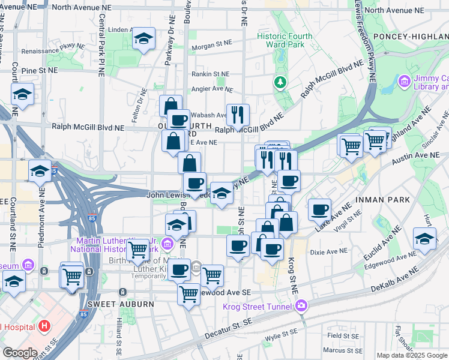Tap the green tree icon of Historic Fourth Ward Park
[279, 81]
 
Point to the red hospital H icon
[43, 326]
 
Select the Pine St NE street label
[39, 70]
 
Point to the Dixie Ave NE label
[328, 251]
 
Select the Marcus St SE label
[340, 350]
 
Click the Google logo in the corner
[19, 353]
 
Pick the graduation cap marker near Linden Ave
[143, 40]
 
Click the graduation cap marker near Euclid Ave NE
[424, 239]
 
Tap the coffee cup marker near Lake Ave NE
[320, 209]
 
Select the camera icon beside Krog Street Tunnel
[301, 307]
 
